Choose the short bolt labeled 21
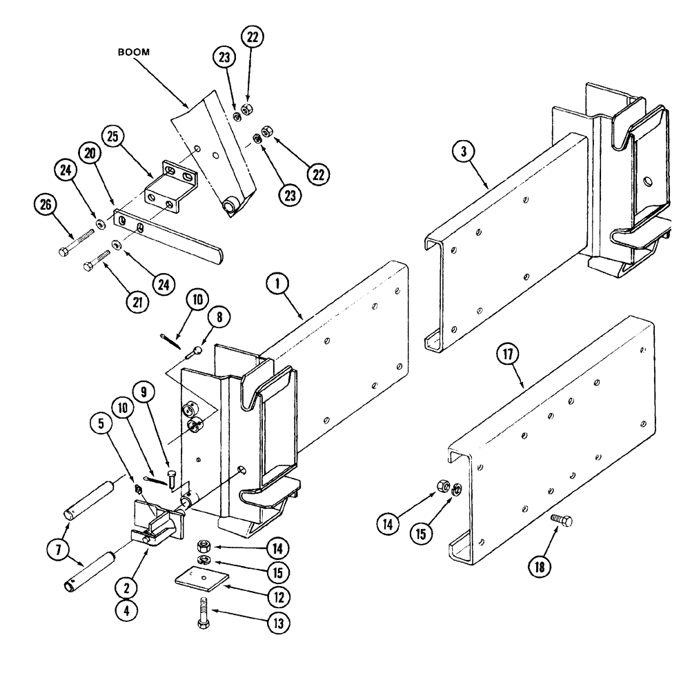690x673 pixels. click(97, 261)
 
